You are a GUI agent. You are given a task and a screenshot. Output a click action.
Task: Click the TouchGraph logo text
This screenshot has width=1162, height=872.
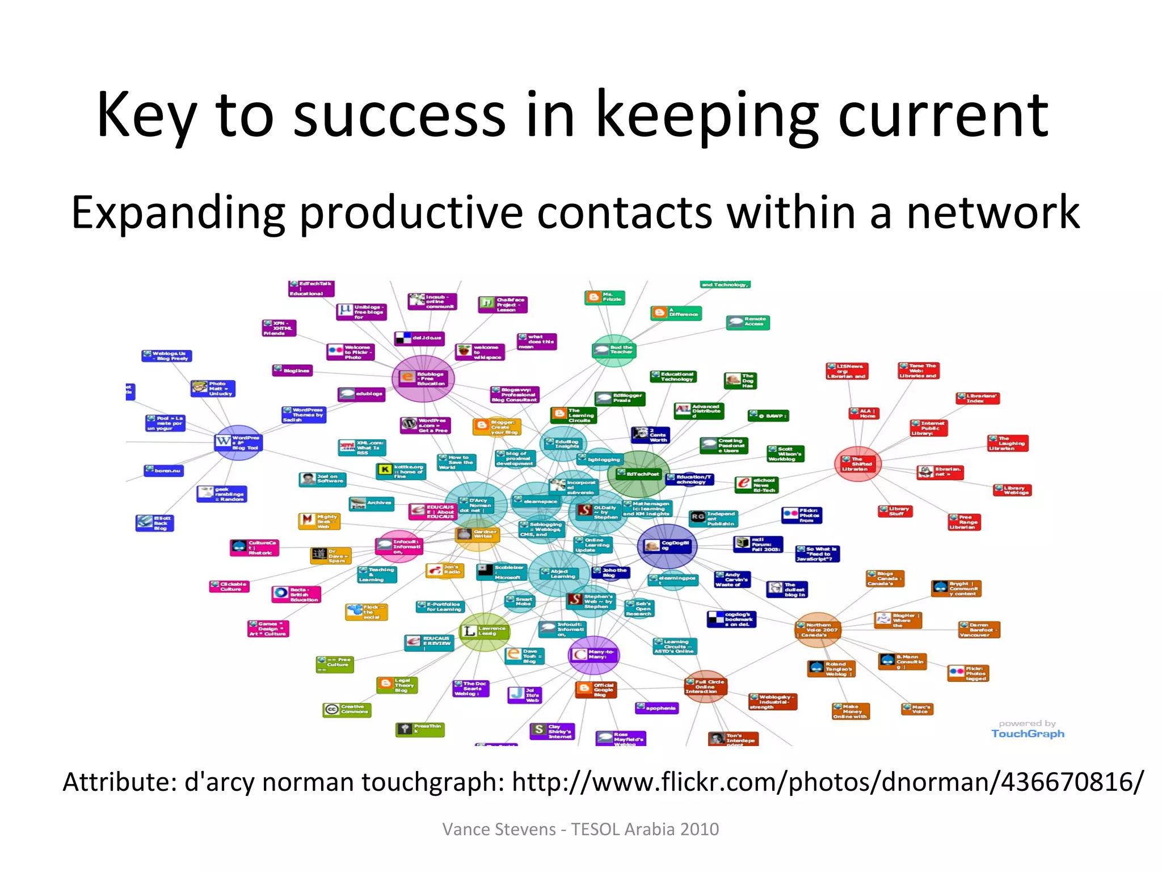tap(1028, 733)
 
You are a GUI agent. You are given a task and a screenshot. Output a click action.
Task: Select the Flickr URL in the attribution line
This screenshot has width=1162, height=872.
tap(828, 782)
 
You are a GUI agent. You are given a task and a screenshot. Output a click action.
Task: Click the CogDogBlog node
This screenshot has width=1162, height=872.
tap(667, 546)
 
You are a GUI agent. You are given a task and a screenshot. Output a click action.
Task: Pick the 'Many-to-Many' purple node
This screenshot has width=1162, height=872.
tap(593, 655)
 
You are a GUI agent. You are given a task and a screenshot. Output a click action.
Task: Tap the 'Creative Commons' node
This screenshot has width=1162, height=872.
tap(347, 709)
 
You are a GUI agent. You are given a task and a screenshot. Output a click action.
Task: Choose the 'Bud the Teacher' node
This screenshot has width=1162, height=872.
tap(614, 350)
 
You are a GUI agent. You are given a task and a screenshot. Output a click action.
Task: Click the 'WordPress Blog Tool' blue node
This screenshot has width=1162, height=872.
tap(238, 442)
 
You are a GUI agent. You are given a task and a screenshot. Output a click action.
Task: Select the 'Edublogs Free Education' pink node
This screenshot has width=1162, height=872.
tap(423, 378)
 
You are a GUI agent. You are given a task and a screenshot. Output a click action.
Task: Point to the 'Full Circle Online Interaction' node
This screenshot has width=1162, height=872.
tap(705, 686)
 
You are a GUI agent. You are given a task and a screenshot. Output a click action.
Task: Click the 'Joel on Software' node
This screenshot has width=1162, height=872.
tap(322, 479)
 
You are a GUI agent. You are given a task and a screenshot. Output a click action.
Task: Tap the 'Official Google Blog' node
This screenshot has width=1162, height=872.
tap(595, 690)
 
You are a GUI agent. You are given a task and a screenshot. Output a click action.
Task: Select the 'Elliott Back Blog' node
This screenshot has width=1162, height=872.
tap(155, 523)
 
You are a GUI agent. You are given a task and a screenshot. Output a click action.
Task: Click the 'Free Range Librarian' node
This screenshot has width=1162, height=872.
tap(964, 522)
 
